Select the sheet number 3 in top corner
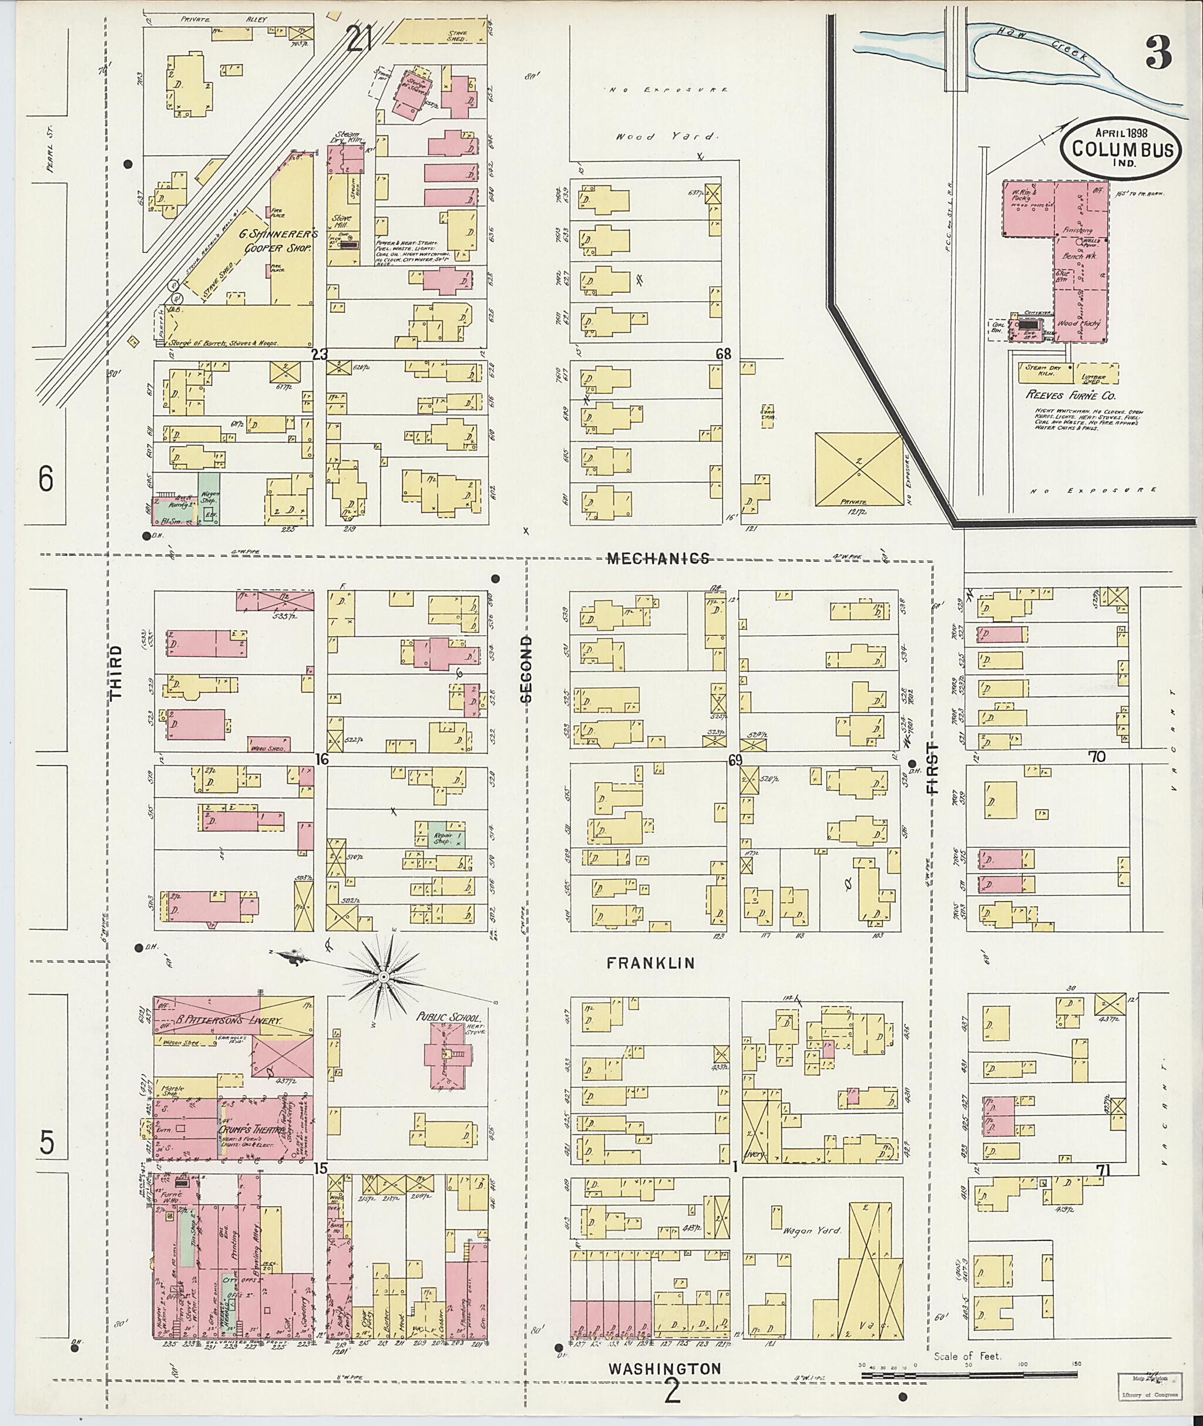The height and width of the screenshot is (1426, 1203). pyautogui.click(x=1157, y=52)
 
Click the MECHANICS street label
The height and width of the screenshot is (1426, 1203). pyautogui.click(x=658, y=559)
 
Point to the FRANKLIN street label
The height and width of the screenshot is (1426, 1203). pyautogui.click(x=651, y=963)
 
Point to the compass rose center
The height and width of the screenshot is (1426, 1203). pyautogui.click(x=383, y=977)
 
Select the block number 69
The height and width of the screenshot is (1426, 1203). pyautogui.click(x=734, y=759)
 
